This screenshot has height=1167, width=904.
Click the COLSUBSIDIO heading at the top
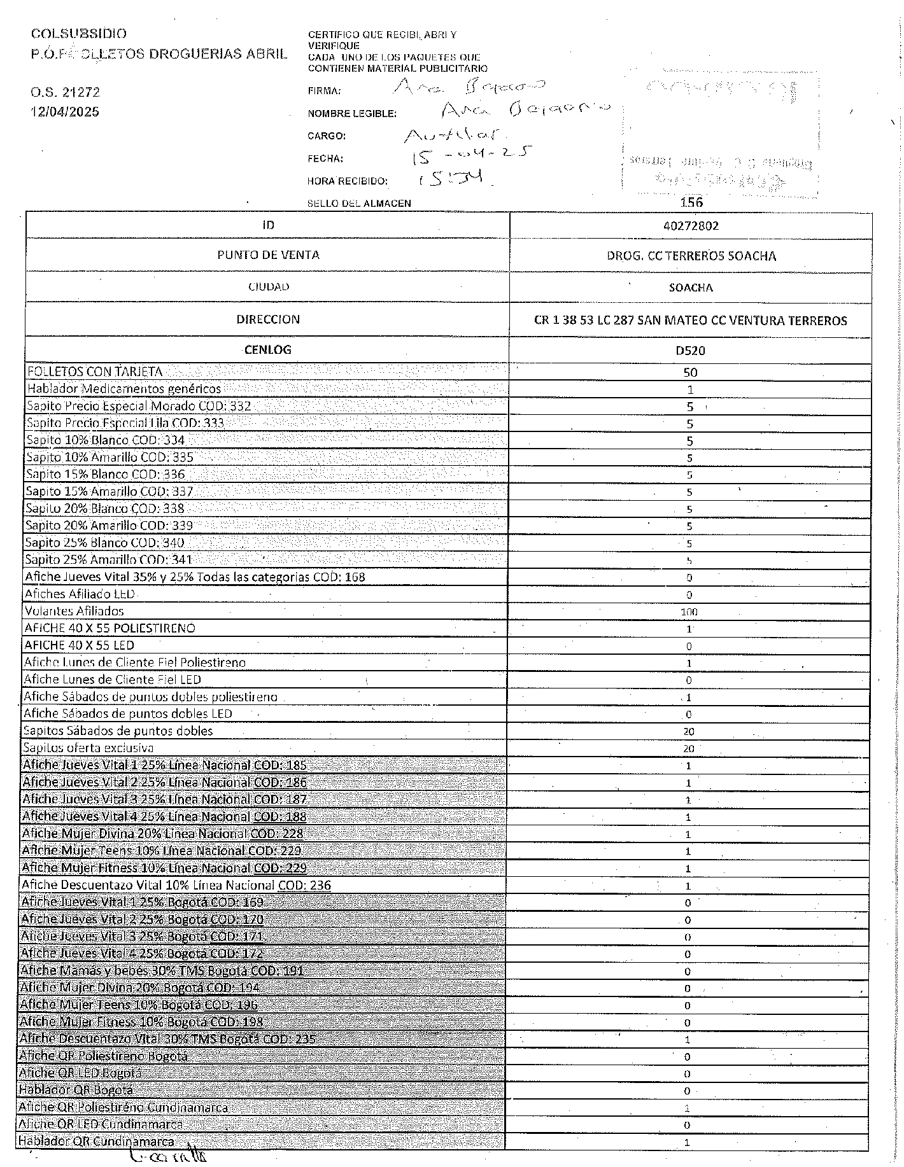[78, 34]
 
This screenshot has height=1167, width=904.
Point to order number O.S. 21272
[65, 92]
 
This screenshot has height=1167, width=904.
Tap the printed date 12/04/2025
[66, 112]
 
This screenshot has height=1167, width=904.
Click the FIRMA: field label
[324, 91]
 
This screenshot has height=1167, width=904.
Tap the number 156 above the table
[691, 202]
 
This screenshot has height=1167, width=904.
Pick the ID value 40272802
[690, 226]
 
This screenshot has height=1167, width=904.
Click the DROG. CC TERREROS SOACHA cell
[691, 256]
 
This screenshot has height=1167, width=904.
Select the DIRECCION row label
[267, 319]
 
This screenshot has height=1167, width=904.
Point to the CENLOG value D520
[690, 350]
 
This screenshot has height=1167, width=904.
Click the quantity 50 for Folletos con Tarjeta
[690, 372]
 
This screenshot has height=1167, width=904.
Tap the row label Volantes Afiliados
[74, 611]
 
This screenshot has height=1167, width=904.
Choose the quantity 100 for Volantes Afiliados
[689, 612]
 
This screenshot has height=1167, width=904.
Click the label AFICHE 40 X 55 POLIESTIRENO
[109, 629]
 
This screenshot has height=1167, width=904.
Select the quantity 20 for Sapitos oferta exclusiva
[689, 749]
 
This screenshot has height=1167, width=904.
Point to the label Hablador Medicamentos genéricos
[124, 389]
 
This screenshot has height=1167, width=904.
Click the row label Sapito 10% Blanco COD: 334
[106, 440]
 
